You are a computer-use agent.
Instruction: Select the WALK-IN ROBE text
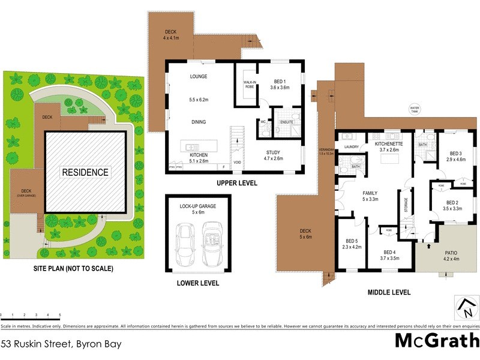pos(250,85)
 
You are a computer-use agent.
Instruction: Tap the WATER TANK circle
pos(414,110)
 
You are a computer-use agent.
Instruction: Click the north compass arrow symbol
pos(466,308)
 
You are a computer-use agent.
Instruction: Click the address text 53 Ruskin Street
pos(61,344)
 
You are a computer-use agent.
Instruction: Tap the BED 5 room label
pos(349,242)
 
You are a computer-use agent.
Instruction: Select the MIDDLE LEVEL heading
pos(389,292)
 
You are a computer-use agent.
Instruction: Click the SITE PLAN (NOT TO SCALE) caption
pos(73,268)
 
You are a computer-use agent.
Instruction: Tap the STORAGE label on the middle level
pos(406,205)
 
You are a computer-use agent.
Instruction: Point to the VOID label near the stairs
pos(237,162)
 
